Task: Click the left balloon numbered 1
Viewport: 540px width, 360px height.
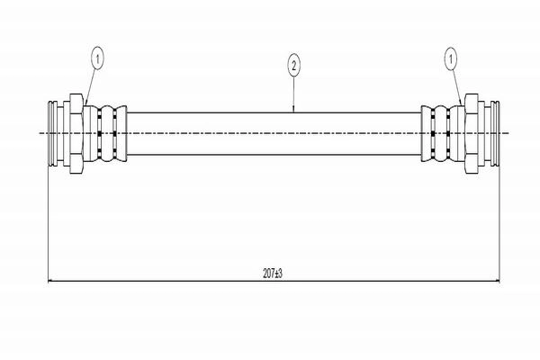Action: (97, 59)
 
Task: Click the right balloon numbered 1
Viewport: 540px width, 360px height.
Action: (451, 59)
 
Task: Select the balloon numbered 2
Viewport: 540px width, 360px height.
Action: (293, 66)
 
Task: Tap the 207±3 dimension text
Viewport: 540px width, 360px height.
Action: (273, 274)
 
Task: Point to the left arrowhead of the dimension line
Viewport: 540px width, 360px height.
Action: (50, 281)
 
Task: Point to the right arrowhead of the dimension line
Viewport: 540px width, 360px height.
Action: (497, 281)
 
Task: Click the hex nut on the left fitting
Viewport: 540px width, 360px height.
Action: (76, 133)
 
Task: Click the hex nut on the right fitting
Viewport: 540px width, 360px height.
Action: (471, 133)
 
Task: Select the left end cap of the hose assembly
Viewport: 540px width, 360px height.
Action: (53, 133)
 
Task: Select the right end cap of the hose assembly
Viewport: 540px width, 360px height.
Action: (495, 133)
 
